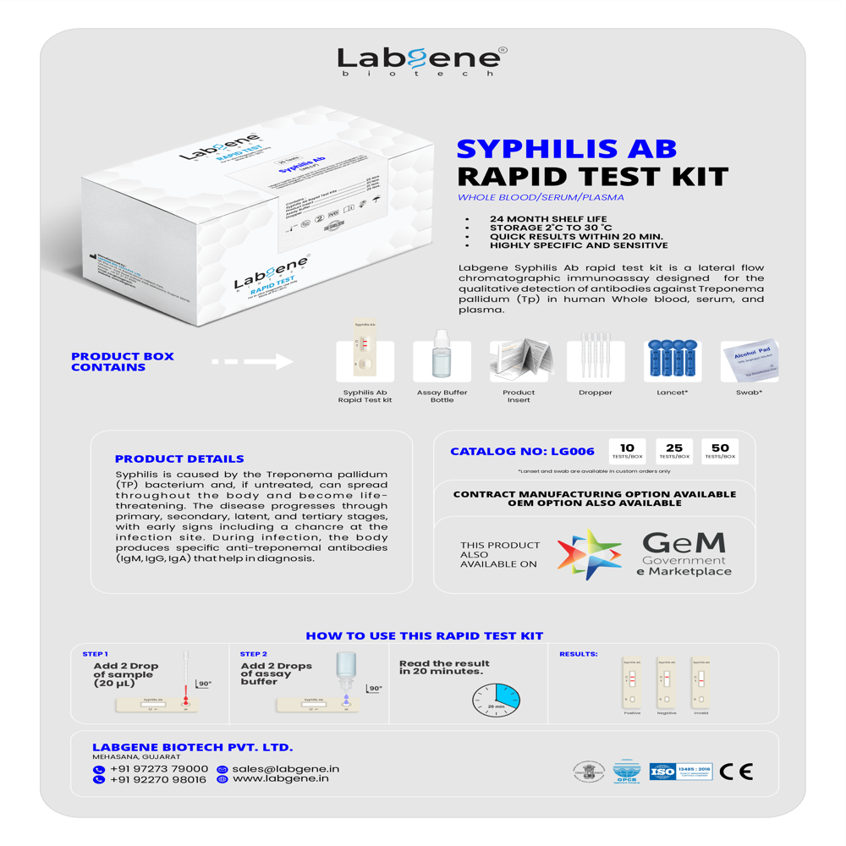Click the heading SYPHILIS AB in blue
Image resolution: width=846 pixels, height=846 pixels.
pos(566,148)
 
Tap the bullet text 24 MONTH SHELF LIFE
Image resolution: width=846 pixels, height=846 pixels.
pos(547,219)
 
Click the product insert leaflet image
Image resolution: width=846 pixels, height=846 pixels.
pos(519,360)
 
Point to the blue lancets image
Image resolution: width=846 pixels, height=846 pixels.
pos(672,360)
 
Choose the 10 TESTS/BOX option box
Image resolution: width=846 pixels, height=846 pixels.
pos(627,450)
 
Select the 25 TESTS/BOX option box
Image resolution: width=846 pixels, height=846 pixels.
pos(673,450)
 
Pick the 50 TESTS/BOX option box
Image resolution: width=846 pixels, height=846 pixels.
pos(720,450)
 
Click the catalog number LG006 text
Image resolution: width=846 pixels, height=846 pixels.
pos(522,452)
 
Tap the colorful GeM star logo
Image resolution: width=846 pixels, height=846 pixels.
pos(589,554)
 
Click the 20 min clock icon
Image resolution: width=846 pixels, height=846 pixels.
pos(497,700)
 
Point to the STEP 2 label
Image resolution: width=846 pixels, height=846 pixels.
pos(253,654)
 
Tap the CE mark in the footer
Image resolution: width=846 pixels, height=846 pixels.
pos(735,772)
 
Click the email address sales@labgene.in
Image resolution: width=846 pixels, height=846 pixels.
pos(285,769)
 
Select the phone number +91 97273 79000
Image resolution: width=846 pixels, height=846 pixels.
pos(158,769)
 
